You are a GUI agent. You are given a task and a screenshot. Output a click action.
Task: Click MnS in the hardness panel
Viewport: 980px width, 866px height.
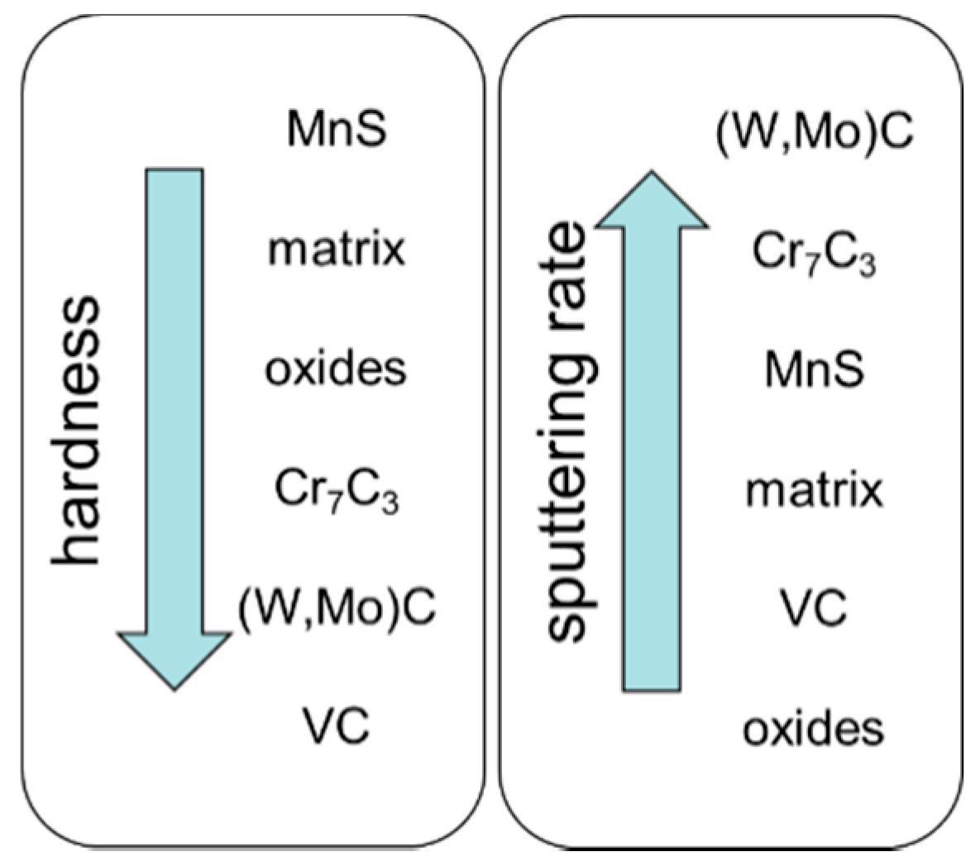[336, 129]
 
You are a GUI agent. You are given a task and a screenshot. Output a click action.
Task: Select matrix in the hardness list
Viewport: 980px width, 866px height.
[336, 249]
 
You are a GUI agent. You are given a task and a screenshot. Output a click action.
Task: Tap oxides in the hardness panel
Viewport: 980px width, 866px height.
[336, 369]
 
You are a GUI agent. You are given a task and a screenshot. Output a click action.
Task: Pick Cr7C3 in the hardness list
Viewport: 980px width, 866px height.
[336, 490]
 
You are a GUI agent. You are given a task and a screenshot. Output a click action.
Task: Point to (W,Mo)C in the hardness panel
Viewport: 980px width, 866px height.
[337, 608]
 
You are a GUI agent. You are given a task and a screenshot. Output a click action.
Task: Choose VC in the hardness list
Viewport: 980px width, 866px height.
[336, 726]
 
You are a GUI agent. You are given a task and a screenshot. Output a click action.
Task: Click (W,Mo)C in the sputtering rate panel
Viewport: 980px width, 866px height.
[815, 132]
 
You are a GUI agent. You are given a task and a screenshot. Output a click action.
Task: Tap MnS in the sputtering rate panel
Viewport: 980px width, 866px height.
[815, 369]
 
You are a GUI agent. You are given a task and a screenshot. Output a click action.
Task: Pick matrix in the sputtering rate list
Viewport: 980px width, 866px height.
[815, 490]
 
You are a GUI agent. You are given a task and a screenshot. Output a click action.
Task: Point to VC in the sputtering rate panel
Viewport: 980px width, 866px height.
[815, 608]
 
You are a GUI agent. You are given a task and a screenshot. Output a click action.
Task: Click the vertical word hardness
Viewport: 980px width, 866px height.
[76, 430]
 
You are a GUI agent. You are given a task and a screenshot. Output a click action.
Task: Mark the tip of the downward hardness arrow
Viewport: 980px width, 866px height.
[174, 688]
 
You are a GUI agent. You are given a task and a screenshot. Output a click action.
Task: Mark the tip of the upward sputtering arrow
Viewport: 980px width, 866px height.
[652, 173]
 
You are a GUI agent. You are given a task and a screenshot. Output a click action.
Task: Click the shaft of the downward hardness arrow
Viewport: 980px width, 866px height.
[174, 397]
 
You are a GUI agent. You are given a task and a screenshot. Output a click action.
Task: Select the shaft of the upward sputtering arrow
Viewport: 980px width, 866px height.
[652, 454]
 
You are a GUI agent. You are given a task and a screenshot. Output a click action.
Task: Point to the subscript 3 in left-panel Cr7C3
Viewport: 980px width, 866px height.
[390, 501]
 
